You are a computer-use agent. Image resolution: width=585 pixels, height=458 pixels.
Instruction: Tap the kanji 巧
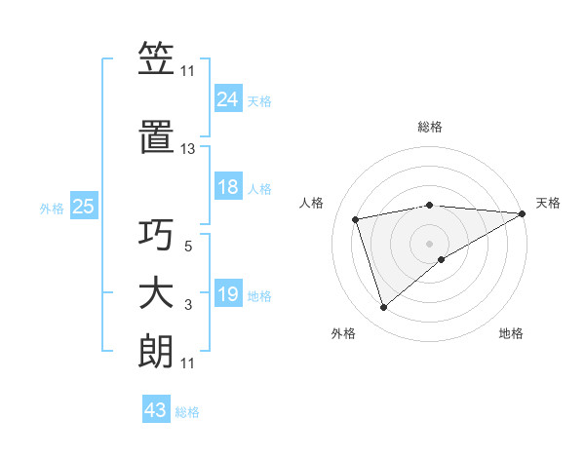(x=156, y=235)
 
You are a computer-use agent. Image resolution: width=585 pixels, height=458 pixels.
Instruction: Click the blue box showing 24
(x=228, y=98)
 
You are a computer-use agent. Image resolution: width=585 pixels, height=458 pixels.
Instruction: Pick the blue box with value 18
(x=228, y=187)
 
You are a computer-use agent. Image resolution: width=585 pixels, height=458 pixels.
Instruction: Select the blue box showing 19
(x=228, y=294)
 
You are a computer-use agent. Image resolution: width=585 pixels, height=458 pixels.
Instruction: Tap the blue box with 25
(x=83, y=207)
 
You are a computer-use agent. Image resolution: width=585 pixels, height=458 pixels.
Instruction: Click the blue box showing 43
(x=156, y=410)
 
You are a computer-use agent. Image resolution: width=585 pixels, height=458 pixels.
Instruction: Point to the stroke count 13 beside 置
(x=188, y=149)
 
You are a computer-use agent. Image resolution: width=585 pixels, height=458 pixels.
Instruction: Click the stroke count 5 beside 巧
(x=188, y=248)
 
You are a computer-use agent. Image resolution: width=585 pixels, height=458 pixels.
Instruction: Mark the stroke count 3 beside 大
(x=188, y=306)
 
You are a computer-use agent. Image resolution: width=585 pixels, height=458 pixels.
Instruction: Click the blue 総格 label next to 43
(x=187, y=412)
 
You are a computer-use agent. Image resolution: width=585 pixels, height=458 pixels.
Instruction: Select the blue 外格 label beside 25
(x=52, y=209)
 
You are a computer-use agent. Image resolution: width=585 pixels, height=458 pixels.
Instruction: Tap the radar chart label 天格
(x=548, y=203)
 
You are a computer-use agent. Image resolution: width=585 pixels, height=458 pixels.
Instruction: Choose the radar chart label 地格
(x=511, y=333)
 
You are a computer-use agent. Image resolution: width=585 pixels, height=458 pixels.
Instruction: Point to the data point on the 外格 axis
(x=383, y=308)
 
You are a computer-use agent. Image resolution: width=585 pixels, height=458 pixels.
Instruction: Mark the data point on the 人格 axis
(x=356, y=218)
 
